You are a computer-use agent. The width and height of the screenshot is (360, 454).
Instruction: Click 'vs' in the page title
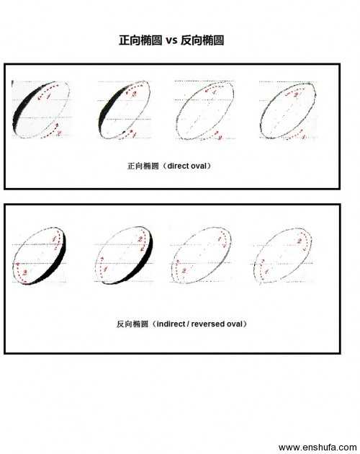[171, 41]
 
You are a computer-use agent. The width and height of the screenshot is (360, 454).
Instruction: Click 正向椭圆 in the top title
[141, 41]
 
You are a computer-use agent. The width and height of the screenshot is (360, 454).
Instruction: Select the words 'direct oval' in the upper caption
[190, 166]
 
